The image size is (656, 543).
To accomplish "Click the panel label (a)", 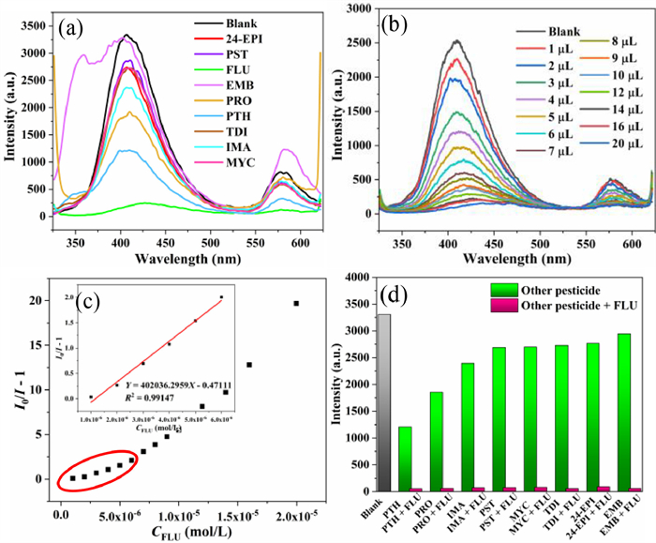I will pyautogui.click(x=72, y=27).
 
